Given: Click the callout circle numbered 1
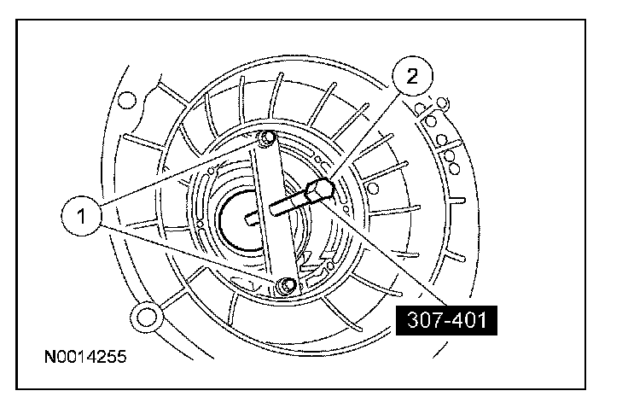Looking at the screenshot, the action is pyautogui.click(x=82, y=216).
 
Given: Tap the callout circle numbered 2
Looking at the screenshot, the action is pyautogui.click(x=412, y=76).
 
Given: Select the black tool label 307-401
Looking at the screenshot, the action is pyautogui.click(x=446, y=320).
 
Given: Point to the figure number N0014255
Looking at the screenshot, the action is pyautogui.click(x=85, y=356).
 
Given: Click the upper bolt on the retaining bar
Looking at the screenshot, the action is pyautogui.click(x=267, y=137).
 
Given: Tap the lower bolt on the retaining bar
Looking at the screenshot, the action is pyautogui.click(x=287, y=285).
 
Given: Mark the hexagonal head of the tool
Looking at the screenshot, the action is pyautogui.click(x=320, y=190).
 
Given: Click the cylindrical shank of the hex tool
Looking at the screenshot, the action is pyautogui.click(x=289, y=202).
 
